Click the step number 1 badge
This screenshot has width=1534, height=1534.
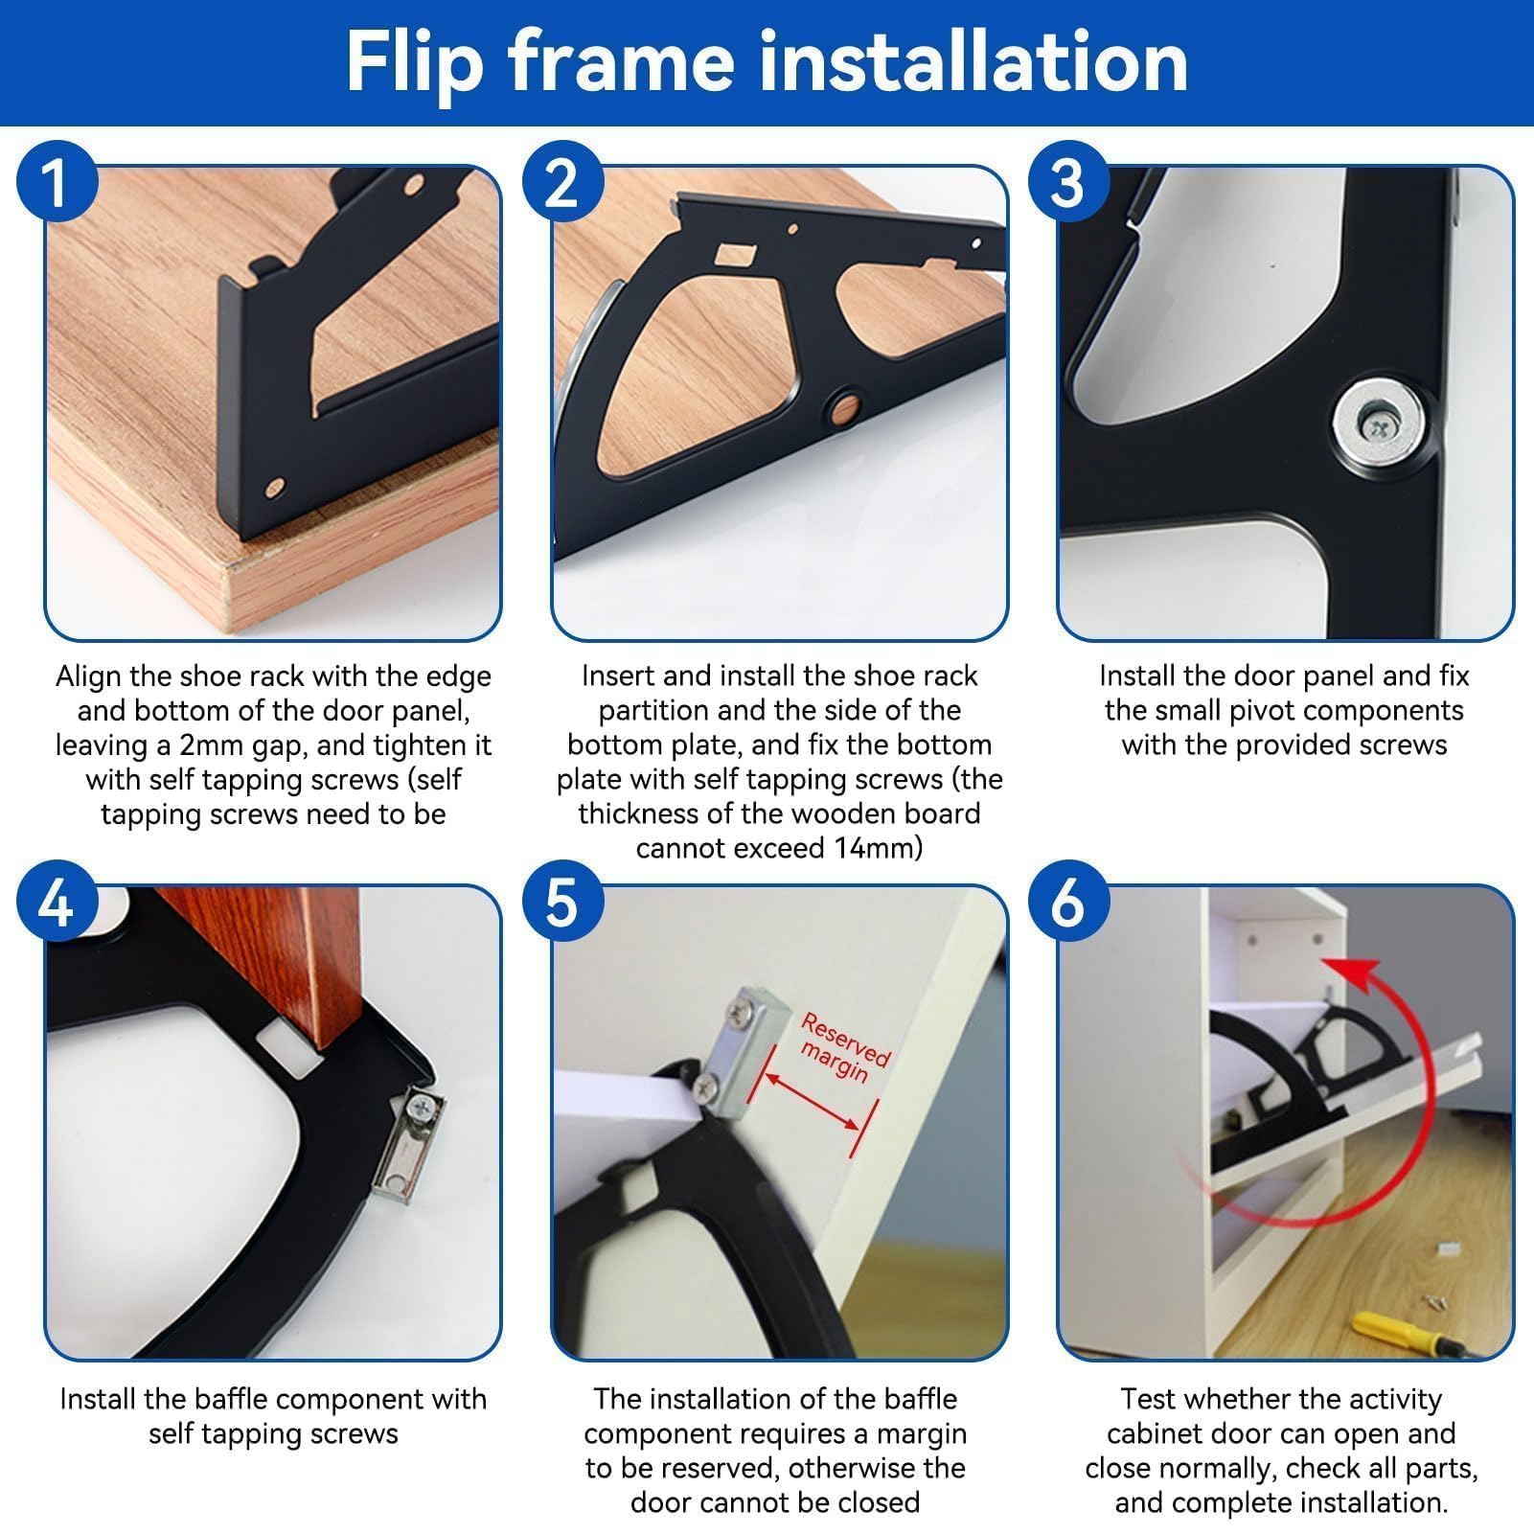[x=57, y=182]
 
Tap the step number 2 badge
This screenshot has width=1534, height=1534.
[x=562, y=182]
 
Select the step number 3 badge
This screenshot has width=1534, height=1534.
[x=1068, y=182]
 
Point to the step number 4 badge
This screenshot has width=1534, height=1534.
[x=57, y=902]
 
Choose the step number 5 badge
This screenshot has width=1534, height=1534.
[x=562, y=902]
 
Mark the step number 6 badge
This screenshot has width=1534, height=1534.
[x=1068, y=902]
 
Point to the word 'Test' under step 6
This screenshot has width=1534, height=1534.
[x=1149, y=1399]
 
